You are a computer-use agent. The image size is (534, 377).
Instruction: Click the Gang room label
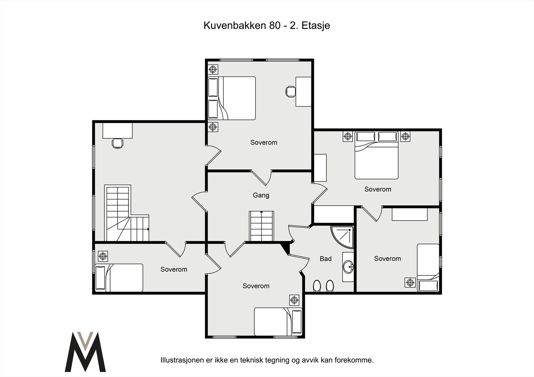point(261,195)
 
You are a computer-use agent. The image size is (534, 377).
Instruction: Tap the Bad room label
point(326,259)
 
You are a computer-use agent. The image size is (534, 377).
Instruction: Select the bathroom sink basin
point(348,267)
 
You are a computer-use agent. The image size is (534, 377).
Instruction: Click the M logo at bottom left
point(85,352)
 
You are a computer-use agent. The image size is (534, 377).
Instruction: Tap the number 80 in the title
point(275,25)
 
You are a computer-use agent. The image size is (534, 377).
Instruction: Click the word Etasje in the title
point(316,26)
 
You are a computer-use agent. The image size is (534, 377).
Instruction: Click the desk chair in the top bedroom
point(290,91)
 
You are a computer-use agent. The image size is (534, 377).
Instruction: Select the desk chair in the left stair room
point(117,143)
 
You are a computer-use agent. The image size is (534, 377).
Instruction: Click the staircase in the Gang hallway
point(261,226)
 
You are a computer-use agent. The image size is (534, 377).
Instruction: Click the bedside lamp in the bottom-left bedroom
point(103,256)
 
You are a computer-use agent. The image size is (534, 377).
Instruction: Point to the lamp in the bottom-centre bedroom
point(294,300)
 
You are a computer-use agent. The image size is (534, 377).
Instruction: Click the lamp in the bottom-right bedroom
point(410,282)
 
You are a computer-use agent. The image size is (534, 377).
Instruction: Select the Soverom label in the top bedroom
point(264,142)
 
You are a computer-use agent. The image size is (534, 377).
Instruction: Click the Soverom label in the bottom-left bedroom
point(174,269)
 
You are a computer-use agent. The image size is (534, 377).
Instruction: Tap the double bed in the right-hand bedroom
point(376,155)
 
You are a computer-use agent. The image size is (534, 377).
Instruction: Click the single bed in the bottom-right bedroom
point(428,268)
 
